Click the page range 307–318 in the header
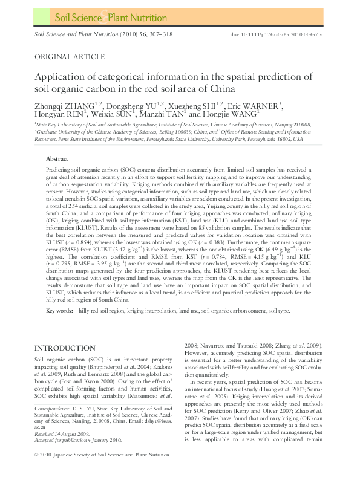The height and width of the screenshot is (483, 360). (160, 35)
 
